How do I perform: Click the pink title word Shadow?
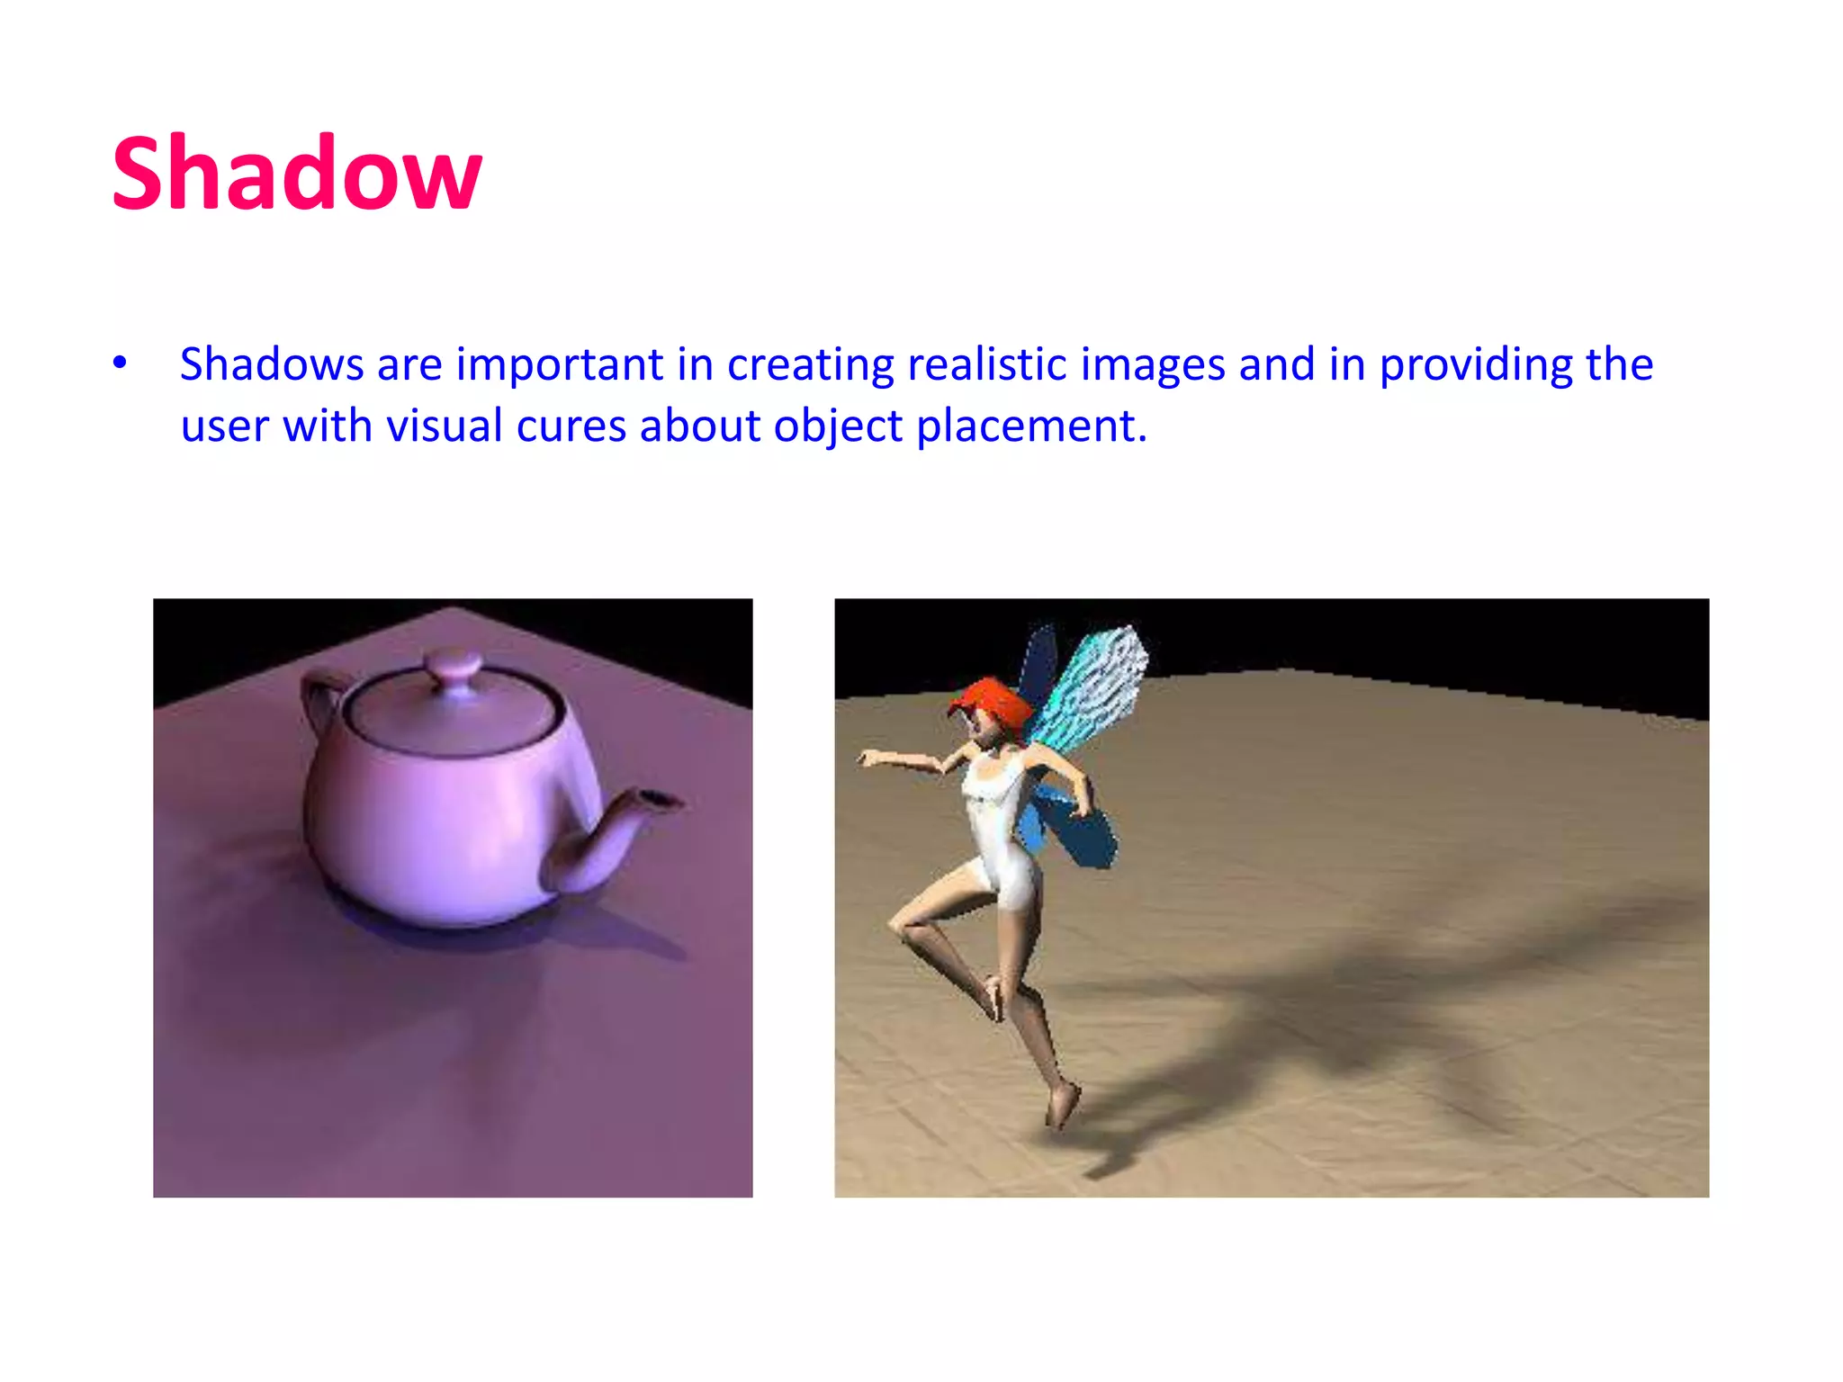click(297, 173)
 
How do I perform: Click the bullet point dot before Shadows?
click(120, 363)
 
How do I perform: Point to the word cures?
click(571, 426)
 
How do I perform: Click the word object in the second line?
click(837, 426)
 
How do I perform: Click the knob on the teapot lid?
click(453, 670)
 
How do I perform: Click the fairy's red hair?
click(990, 702)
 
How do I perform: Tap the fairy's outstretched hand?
click(871, 758)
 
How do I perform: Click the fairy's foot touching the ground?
click(1062, 1107)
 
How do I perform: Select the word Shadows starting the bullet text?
click(272, 364)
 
